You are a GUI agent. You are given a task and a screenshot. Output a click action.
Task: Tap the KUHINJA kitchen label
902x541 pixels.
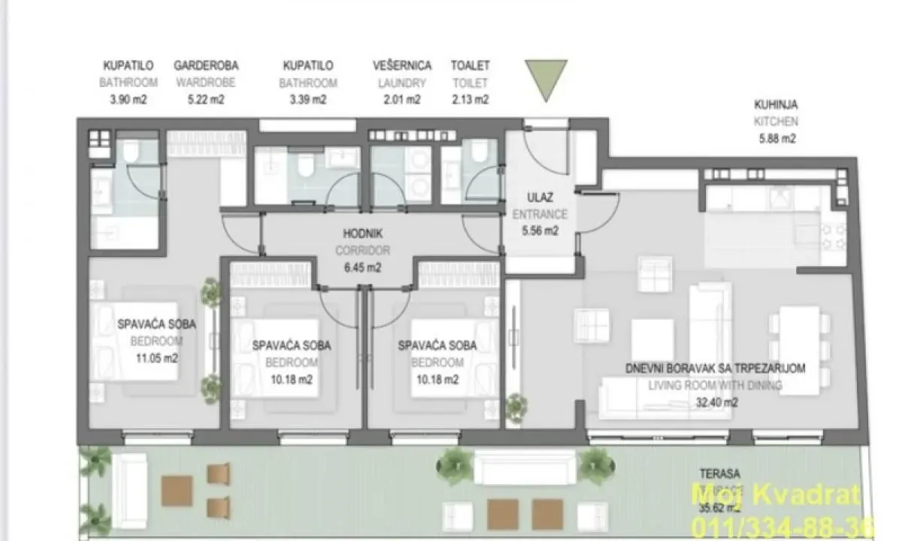coord(776,105)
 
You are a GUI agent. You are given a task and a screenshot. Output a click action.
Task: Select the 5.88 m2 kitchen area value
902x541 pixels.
coord(776,138)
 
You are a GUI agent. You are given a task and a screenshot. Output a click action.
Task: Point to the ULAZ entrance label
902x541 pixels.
coord(540,198)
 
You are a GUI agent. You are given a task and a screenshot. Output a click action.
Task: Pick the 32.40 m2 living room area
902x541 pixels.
coord(716,402)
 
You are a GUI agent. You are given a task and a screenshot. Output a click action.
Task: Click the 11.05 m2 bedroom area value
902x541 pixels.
coord(157,358)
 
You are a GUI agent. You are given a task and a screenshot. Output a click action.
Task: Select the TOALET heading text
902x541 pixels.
coord(470,66)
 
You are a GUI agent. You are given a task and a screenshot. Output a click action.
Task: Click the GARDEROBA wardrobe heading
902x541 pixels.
coord(205,66)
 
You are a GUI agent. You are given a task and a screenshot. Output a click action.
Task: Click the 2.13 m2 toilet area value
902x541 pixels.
coord(470,99)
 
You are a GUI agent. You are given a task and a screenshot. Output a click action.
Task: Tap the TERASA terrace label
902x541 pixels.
coord(719,474)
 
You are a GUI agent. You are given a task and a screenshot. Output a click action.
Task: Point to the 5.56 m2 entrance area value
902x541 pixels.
coord(540,231)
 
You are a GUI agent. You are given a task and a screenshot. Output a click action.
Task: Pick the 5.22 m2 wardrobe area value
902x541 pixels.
coord(205,99)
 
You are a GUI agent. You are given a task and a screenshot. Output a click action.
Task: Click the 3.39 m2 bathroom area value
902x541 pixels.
coord(307,99)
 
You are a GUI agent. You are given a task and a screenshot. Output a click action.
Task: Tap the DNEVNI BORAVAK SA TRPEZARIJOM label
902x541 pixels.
coord(716,368)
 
